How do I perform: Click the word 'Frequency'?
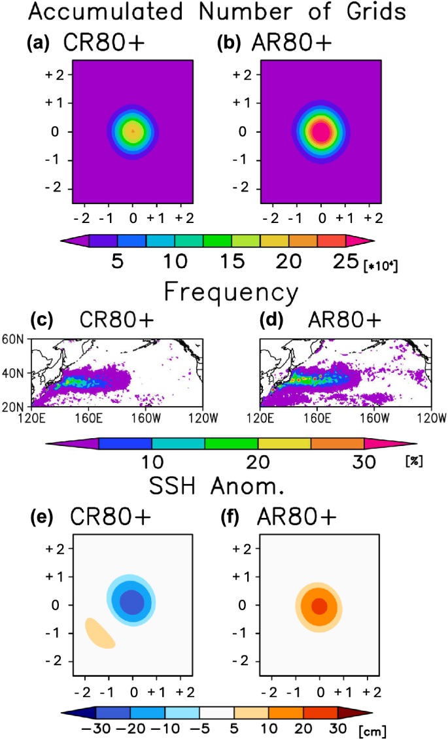click(231, 291)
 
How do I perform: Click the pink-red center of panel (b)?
click(320, 132)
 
